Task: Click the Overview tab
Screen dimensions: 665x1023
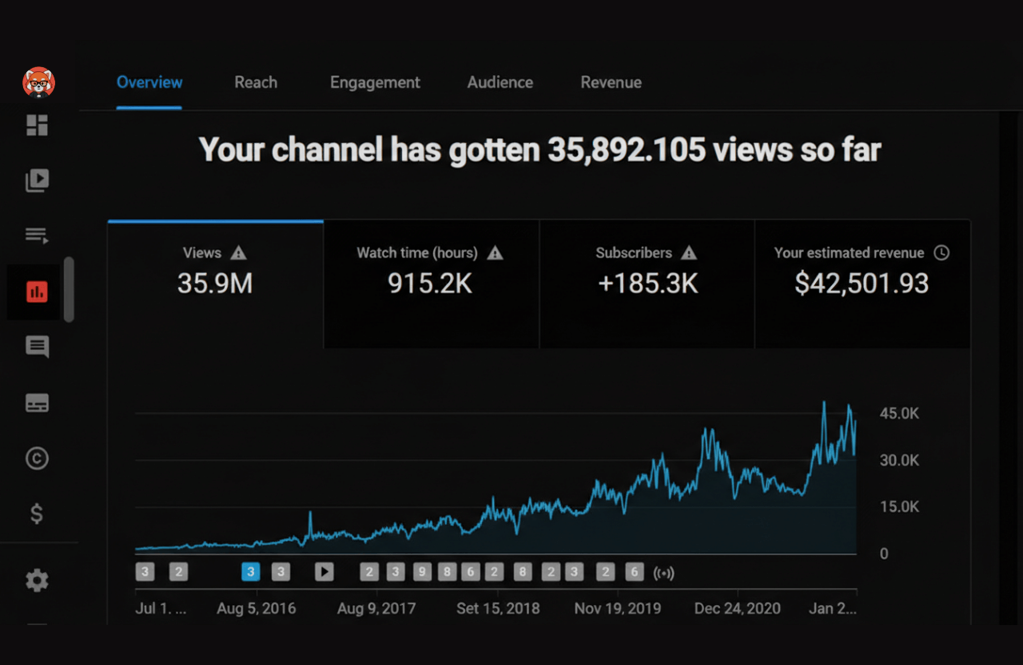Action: pyautogui.click(x=149, y=82)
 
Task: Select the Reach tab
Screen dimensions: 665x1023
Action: pyautogui.click(x=256, y=82)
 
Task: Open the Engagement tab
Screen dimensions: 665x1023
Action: pyautogui.click(x=375, y=82)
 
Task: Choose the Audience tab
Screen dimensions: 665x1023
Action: pyautogui.click(x=500, y=82)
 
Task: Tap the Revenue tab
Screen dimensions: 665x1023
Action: pyautogui.click(x=611, y=82)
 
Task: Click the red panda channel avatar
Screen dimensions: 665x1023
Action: pyautogui.click(x=38, y=82)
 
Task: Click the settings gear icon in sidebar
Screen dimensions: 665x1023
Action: pyautogui.click(x=37, y=580)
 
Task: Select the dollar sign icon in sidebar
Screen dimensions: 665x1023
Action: pyautogui.click(x=37, y=513)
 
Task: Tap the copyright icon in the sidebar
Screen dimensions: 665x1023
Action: pyautogui.click(x=37, y=458)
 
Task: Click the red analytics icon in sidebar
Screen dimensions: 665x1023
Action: pyautogui.click(x=37, y=293)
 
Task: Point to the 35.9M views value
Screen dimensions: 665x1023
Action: pyautogui.click(x=215, y=284)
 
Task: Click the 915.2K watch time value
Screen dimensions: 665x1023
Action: pyautogui.click(x=430, y=284)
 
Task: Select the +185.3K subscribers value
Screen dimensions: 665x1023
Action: pyautogui.click(x=647, y=284)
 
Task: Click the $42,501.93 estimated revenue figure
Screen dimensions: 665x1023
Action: pyautogui.click(x=862, y=284)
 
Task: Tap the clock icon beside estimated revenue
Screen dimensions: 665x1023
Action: pyautogui.click(x=942, y=253)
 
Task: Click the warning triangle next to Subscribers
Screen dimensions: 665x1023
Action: pyautogui.click(x=689, y=253)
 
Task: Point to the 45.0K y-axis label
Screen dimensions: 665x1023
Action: pyautogui.click(x=899, y=413)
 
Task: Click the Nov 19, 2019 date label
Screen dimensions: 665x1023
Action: pyautogui.click(x=617, y=608)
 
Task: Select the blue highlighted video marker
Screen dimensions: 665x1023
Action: pyautogui.click(x=251, y=571)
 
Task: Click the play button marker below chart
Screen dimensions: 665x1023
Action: pyautogui.click(x=324, y=571)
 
